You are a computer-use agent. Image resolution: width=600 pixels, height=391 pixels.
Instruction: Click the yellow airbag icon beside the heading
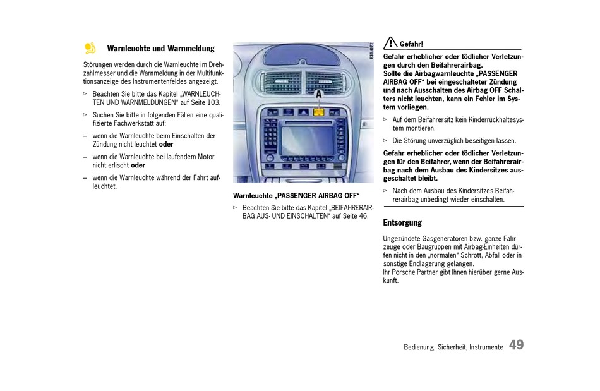90,48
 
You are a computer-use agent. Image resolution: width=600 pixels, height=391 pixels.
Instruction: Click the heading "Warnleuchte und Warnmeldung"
160,48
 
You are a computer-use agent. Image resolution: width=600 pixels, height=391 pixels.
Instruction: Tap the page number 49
516,345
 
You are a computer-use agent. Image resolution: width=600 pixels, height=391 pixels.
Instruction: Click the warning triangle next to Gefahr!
390,43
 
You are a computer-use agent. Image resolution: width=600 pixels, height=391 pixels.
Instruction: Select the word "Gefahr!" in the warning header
411,44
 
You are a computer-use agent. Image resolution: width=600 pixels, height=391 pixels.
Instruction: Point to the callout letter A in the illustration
318,93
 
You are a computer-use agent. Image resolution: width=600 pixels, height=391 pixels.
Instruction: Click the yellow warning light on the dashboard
318,112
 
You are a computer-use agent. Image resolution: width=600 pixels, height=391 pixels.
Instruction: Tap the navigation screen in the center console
308,140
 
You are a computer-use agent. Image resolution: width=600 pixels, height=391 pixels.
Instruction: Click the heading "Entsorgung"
402,223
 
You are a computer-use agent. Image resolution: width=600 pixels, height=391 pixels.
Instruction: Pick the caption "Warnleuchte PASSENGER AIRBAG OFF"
296,196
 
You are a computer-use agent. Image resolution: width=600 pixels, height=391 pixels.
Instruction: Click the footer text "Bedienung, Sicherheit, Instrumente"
453,347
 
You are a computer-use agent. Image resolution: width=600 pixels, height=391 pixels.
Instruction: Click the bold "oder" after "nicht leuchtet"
166,144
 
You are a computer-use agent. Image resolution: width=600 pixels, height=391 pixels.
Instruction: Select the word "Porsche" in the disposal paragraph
404,272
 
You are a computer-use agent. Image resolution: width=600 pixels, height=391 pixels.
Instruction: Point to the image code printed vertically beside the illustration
371,51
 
